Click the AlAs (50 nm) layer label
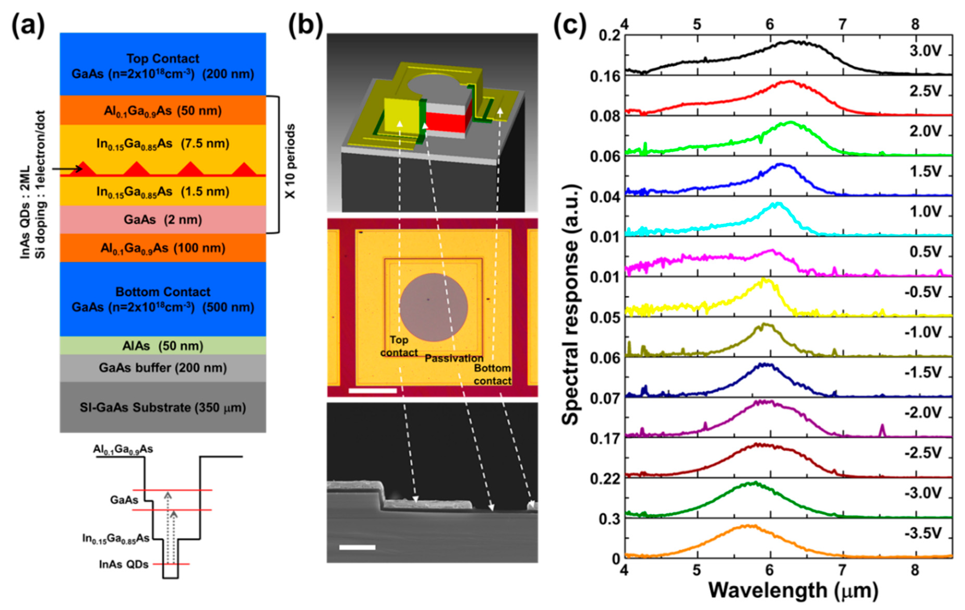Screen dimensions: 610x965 [x=163, y=346]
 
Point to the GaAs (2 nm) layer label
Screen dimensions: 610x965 [x=163, y=220]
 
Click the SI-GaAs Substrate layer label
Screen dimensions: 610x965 [x=163, y=407]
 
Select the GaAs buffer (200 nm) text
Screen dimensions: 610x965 [x=163, y=368]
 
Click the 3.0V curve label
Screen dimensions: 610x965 [x=925, y=51]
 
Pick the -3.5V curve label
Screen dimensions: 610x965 [x=922, y=533]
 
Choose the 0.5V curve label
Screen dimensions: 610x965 [x=925, y=252]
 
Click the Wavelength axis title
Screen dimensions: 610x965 [x=794, y=590]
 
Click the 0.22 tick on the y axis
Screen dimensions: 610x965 [x=605, y=479]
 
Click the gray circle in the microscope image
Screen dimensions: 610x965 [x=433, y=307]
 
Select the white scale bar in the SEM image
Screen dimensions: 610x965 [x=357, y=547]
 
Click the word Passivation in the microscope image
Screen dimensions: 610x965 [x=454, y=358]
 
